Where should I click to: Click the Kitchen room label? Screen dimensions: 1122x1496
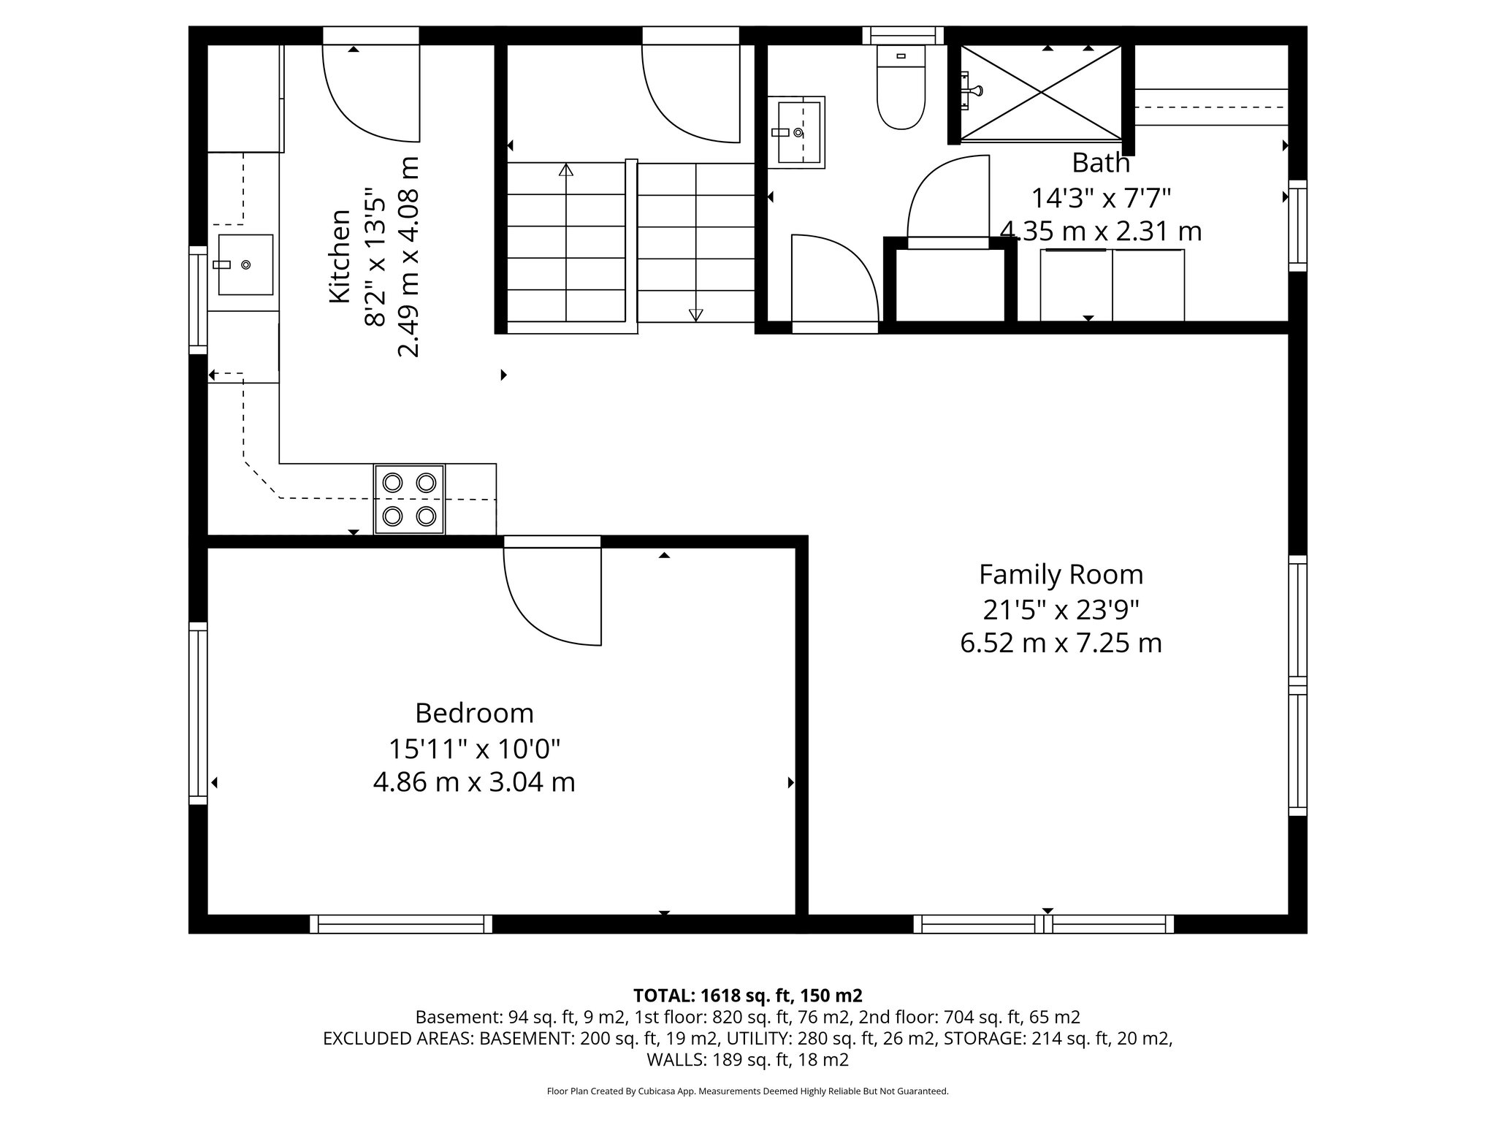tap(340, 256)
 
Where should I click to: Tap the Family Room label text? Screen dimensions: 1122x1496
tap(1061, 575)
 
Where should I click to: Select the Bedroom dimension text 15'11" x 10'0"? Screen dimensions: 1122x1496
tap(474, 748)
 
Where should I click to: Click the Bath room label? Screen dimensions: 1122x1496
tap(1101, 163)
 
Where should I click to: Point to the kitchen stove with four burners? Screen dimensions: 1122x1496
tap(409, 500)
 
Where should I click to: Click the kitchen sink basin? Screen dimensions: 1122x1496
tap(245, 264)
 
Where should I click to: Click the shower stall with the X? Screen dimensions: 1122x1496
tap(1040, 92)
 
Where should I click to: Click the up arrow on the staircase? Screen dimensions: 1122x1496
tap(566, 171)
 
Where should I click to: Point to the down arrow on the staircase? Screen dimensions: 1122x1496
tap(695, 314)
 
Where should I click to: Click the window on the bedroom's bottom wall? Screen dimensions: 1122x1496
tap(401, 924)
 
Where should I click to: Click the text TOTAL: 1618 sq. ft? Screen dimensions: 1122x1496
tap(747, 996)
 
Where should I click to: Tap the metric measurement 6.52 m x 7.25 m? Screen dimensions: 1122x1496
tap(1061, 644)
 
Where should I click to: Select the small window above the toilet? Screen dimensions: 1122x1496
tap(903, 35)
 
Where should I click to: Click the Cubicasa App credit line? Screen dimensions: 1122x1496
tap(747, 1091)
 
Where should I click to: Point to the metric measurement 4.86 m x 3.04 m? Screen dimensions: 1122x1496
tap(474, 782)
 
